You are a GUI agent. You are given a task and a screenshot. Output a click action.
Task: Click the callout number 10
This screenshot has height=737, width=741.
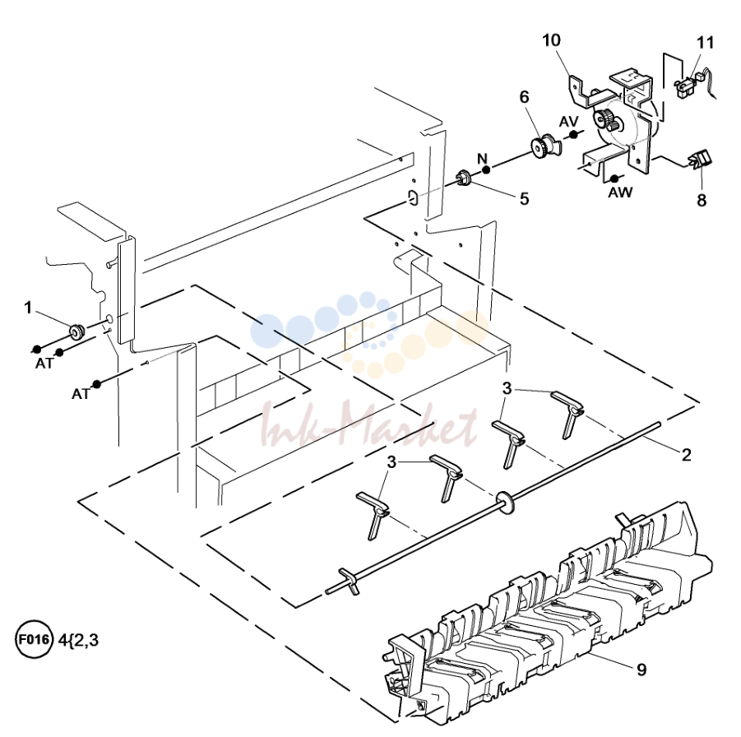[x=552, y=40]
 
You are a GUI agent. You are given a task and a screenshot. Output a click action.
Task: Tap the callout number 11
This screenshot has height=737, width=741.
[x=705, y=43]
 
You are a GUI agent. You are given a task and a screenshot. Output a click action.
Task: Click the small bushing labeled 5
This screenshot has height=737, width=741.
[x=462, y=178]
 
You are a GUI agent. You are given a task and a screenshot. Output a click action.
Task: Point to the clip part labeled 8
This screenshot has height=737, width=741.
[x=702, y=159]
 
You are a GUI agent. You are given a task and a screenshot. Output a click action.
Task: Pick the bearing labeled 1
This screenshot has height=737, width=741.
[x=76, y=331]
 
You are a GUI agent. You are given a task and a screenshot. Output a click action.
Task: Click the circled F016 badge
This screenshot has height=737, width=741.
[x=33, y=640]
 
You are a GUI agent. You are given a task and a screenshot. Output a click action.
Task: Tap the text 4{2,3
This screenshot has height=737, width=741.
[x=78, y=640]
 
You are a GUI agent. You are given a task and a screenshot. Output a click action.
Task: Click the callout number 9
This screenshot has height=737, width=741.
[x=641, y=670]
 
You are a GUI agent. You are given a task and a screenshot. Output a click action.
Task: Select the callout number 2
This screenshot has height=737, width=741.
[x=686, y=455]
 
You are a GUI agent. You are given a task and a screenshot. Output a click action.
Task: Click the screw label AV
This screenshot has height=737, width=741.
[x=568, y=122]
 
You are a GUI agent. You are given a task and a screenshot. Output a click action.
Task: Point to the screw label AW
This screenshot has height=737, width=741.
[x=620, y=192]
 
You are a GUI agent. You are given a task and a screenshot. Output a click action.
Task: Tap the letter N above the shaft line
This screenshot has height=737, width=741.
[x=482, y=158]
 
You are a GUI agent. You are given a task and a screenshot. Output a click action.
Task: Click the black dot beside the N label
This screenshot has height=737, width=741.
[x=485, y=169]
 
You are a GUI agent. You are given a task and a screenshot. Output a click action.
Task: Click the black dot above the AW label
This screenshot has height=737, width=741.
[x=614, y=178]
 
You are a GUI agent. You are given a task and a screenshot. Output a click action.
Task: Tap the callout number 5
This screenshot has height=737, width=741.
[x=524, y=198]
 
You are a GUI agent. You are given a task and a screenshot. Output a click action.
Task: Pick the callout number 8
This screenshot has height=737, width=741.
[x=702, y=200]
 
